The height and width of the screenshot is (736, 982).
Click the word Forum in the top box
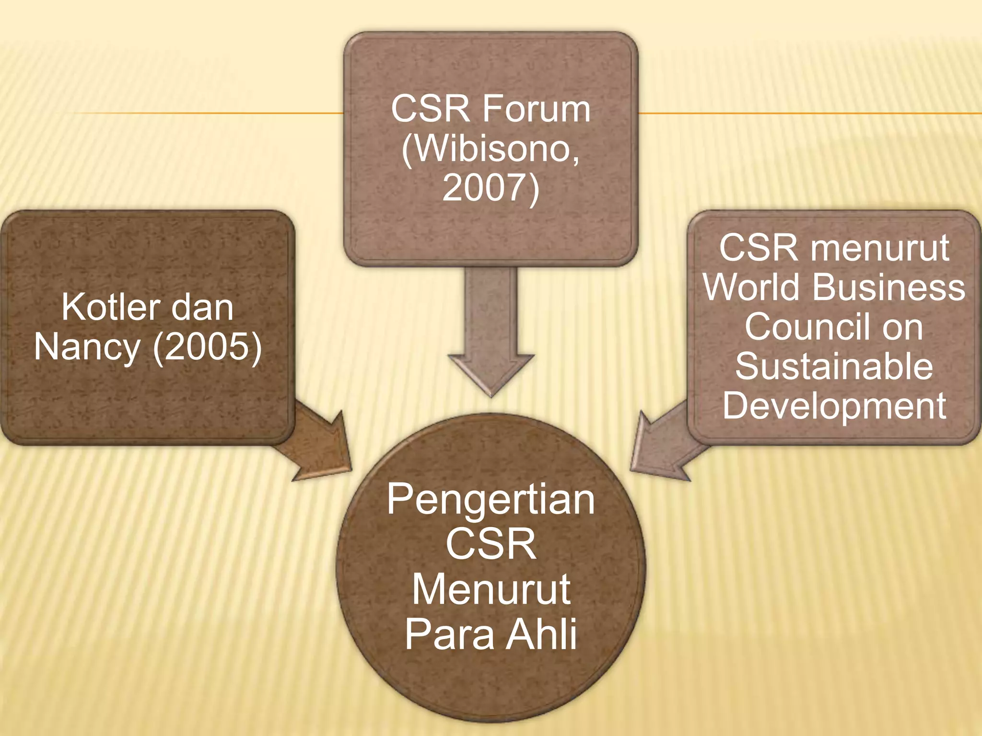click(536, 110)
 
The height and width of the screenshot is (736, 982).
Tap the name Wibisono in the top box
click(490, 149)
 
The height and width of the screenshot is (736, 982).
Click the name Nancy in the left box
click(87, 346)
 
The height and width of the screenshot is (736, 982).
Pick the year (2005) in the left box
click(207, 346)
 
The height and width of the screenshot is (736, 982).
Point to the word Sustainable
click(834, 367)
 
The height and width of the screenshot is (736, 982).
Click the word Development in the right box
click(834, 406)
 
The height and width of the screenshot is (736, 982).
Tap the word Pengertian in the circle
click(491, 499)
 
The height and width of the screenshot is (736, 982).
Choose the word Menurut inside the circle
click(491, 590)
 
